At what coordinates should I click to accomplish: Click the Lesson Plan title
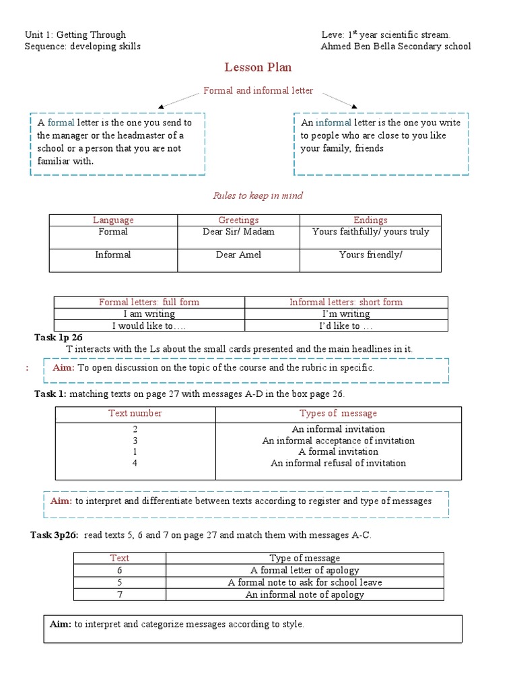click(x=258, y=67)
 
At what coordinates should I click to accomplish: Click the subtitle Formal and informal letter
click(x=258, y=90)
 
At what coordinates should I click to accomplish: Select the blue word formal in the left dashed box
click(x=61, y=123)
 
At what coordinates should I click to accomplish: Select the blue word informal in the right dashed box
click(x=333, y=123)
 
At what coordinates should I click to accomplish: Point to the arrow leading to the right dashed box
click(x=337, y=100)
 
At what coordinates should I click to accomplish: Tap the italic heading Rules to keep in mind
click(x=258, y=195)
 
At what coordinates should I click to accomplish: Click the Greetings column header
click(x=238, y=220)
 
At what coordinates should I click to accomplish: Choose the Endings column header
click(x=370, y=220)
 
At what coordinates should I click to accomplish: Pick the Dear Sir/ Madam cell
click(x=238, y=232)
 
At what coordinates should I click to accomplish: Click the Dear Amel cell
click(x=238, y=255)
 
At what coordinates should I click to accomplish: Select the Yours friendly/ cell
click(x=370, y=255)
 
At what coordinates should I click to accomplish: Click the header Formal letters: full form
click(x=149, y=303)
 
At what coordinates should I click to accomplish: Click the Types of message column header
click(x=338, y=413)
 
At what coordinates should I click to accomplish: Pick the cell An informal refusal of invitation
click(x=338, y=463)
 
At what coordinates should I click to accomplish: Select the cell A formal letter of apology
click(x=305, y=569)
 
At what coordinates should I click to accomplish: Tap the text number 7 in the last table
click(x=119, y=594)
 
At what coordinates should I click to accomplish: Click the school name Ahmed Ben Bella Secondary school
click(x=396, y=46)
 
